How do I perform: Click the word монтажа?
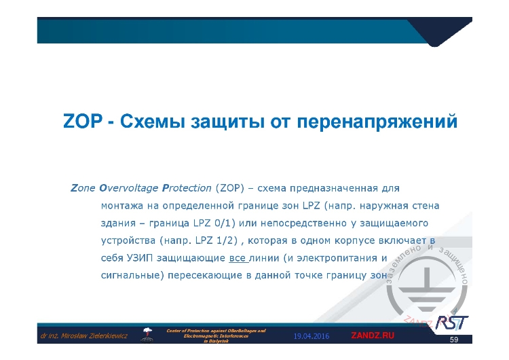point(122,204)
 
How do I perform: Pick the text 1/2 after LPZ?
point(218,240)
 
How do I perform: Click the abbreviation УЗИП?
point(136,258)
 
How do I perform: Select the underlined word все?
point(238,258)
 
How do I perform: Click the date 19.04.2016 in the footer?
point(311,336)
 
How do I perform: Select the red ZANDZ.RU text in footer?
point(372,336)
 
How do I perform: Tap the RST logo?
point(452,321)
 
